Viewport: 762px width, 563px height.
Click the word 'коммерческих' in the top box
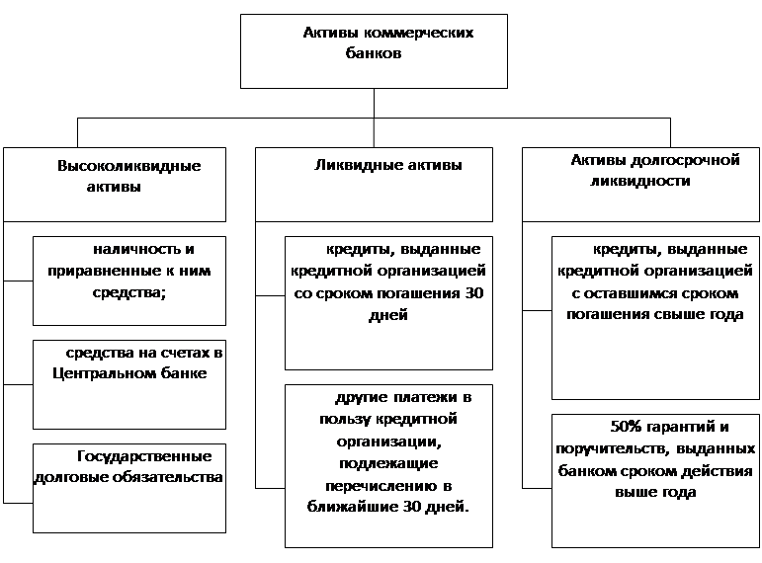click(x=418, y=33)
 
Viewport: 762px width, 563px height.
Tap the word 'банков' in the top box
click(x=374, y=52)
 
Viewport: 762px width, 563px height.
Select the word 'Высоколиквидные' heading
click(x=128, y=166)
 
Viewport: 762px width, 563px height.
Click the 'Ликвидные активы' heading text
click(x=387, y=165)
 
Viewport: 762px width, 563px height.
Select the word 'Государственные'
click(x=144, y=456)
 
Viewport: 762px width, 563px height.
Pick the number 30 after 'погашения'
click(x=473, y=293)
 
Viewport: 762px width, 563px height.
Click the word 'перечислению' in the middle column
click(x=379, y=486)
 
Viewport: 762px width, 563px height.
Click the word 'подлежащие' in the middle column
click(x=388, y=463)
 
